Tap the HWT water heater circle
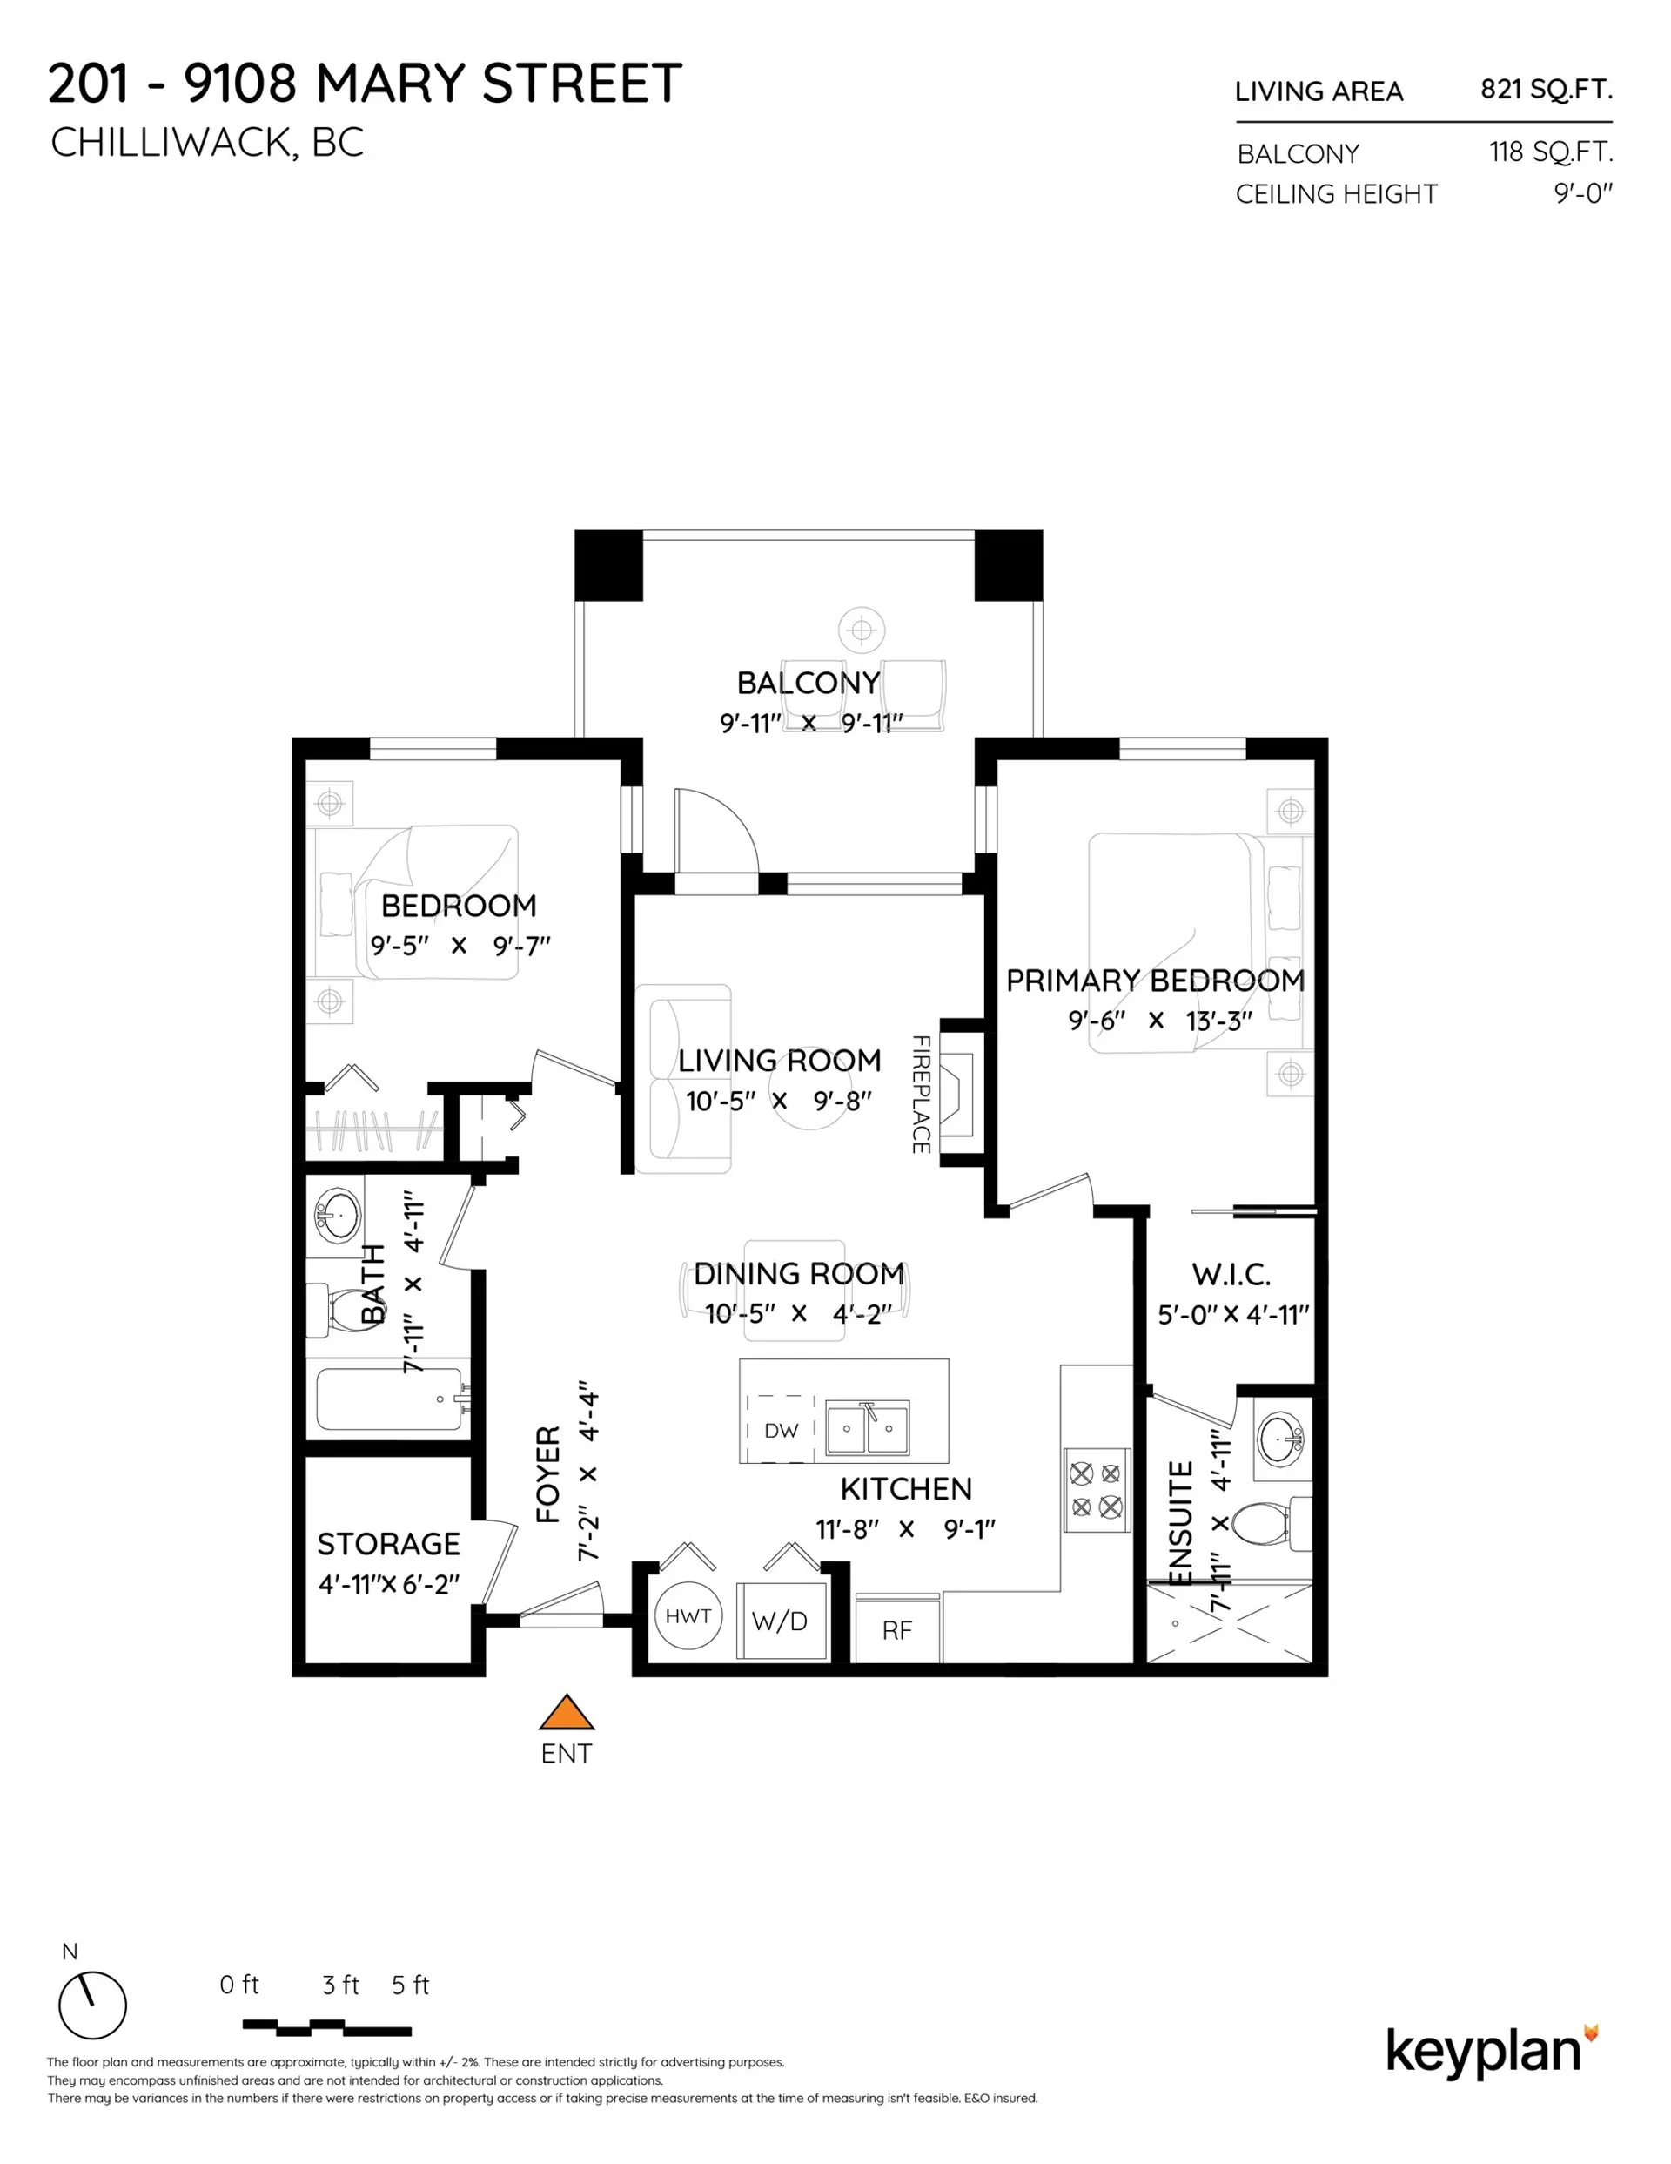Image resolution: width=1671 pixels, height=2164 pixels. [x=688, y=1616]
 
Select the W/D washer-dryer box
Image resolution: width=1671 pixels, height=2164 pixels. [x=781, y=1621]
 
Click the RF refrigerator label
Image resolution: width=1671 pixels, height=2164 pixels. [x=896, y=1630]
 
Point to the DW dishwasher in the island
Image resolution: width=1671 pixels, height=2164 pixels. [x=781, y=1430]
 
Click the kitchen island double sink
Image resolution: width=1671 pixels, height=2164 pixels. [x=868, y=1428]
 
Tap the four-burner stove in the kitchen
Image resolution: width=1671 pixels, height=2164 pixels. [x=1097, y=1490]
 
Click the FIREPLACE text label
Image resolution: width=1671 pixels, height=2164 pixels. [x=920, y=1094]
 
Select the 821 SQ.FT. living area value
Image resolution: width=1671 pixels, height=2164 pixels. [x=1545, y=89]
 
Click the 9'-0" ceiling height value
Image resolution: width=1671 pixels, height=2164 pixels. [x=1582, y=193]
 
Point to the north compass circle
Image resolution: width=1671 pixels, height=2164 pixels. [x=92, y=2006]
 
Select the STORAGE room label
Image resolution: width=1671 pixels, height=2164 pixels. [x=388, y=1544]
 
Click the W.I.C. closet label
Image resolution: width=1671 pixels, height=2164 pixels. [x=1231, y=1274]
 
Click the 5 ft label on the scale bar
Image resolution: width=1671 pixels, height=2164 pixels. [x=410, y=1985]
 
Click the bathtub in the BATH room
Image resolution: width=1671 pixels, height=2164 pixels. [x=389, y=1399]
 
